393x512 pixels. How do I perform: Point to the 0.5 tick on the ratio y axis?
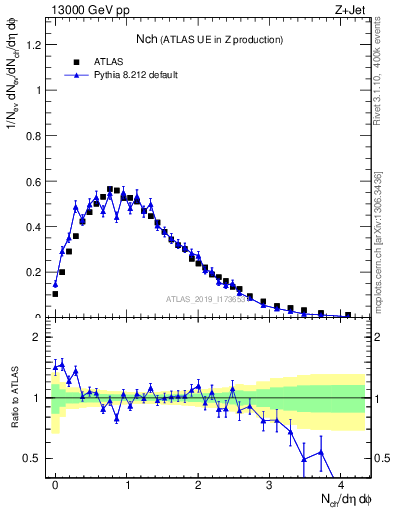(x=32, y=459)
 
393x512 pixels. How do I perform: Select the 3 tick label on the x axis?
(x=269, y=485)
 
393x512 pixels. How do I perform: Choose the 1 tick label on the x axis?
(x=127, y=485)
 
